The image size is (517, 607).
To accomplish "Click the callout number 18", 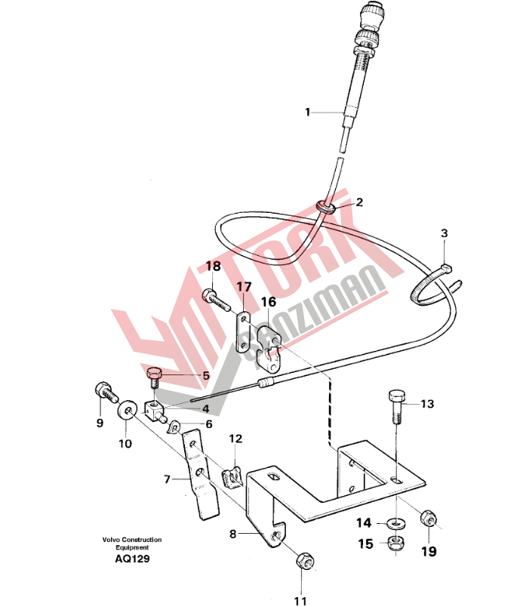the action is [x=214, y=267].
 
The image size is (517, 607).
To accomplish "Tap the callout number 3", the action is [x=445, y=233].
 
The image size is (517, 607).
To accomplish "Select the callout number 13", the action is [x=427, y=404].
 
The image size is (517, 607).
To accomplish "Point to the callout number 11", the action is [x=300, y=601].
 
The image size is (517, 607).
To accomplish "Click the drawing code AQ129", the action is [x=132, y=559].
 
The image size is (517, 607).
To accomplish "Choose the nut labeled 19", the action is [x=429, y=518].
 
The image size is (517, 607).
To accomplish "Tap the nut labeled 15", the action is [x=396, y=544].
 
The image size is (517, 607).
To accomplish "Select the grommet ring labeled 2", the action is [x=327, y=206].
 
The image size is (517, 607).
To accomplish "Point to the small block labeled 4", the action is [x=155, y=411].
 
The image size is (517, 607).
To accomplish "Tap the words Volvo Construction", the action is [x=132, y=540].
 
